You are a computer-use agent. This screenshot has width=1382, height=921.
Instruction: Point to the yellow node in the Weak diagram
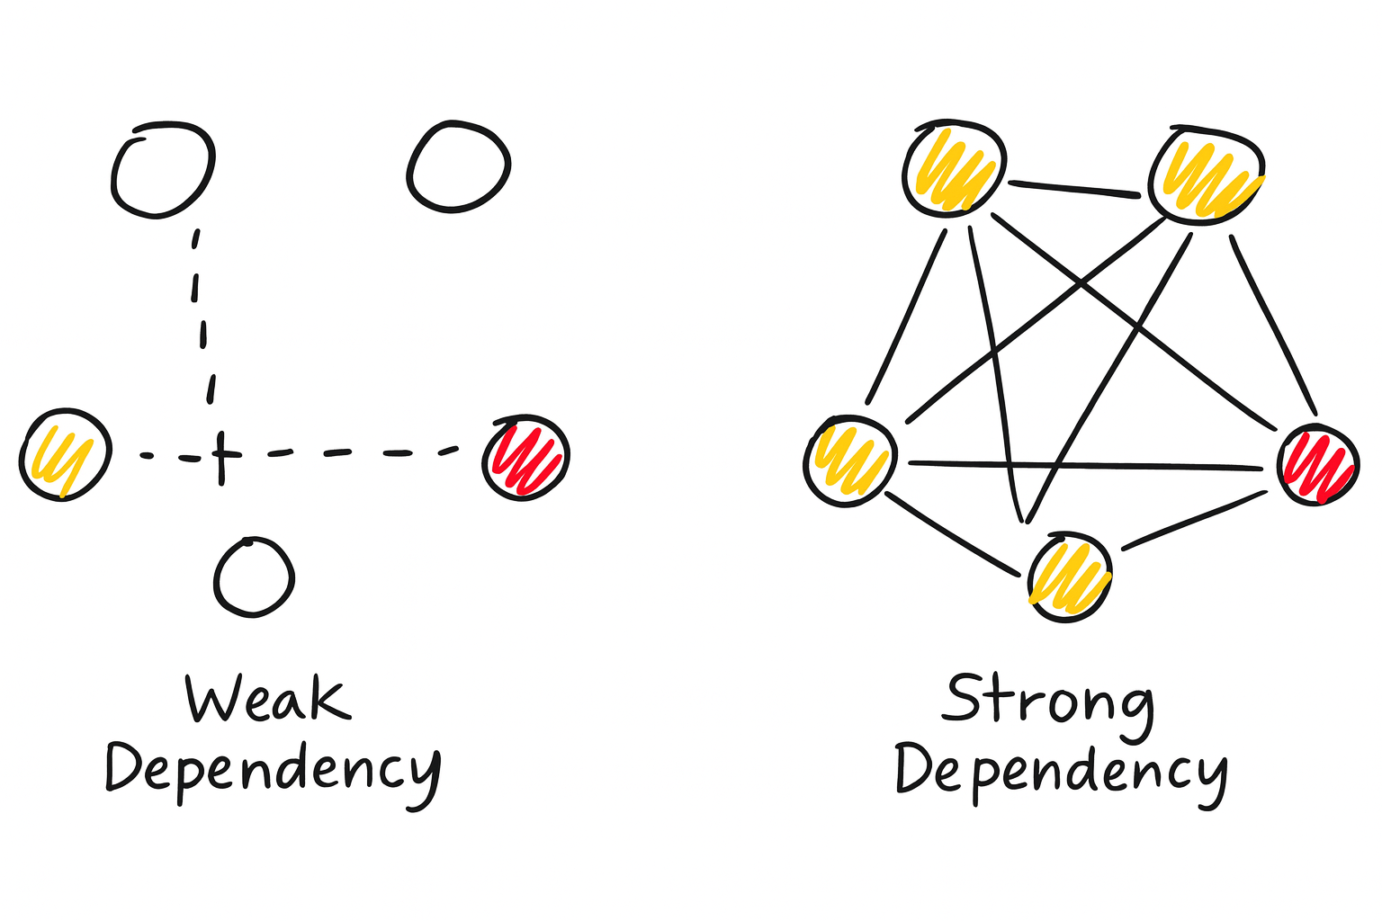(65, 454)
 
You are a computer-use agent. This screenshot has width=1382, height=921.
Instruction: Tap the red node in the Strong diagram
(1318, 465)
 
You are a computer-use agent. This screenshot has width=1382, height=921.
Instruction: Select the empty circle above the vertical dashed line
(163, 170)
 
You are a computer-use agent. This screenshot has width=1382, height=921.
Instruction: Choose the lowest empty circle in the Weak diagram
(255, 578)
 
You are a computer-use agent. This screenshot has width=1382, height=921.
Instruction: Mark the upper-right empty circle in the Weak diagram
(459, 166)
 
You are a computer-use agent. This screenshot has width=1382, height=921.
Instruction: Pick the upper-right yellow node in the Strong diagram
(1207, 173)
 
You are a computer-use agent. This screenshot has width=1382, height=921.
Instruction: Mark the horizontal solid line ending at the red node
(1084, 465)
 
